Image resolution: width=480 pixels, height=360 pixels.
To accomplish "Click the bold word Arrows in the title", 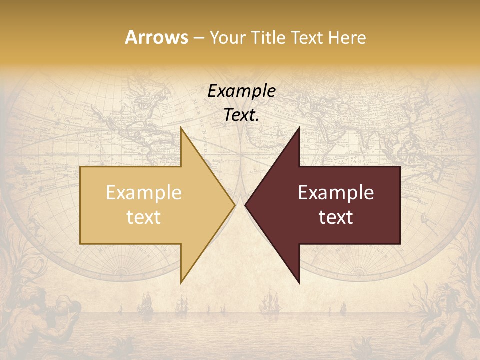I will (x=156, y=37).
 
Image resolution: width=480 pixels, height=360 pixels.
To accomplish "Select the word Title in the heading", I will (x=270, y=38).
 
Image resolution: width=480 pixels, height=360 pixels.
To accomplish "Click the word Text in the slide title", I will (x=306, y=38).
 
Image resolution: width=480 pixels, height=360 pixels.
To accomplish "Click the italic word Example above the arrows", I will (x=241, y=91).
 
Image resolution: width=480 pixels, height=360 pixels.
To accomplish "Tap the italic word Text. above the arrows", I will (x=241, y=115).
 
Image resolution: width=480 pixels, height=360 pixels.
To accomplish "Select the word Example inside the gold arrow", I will (x=143, y=193).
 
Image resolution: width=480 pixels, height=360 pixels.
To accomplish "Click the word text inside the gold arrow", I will (x=143, y=217).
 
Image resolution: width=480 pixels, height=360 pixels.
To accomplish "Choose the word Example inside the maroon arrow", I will (x=336, y=193).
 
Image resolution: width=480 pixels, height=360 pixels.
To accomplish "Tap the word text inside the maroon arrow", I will (x=336, y=217).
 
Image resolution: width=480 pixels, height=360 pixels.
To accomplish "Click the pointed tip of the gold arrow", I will (x=234, y=205).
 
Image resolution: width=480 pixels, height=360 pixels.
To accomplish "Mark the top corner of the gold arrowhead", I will (x=181, y=129).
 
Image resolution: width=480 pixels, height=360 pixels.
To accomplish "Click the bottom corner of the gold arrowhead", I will (x=181, y=282).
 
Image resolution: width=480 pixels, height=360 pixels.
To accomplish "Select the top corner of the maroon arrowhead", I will (x=299, y=129).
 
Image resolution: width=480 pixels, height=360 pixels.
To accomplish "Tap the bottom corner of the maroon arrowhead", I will (x=299, y=282).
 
